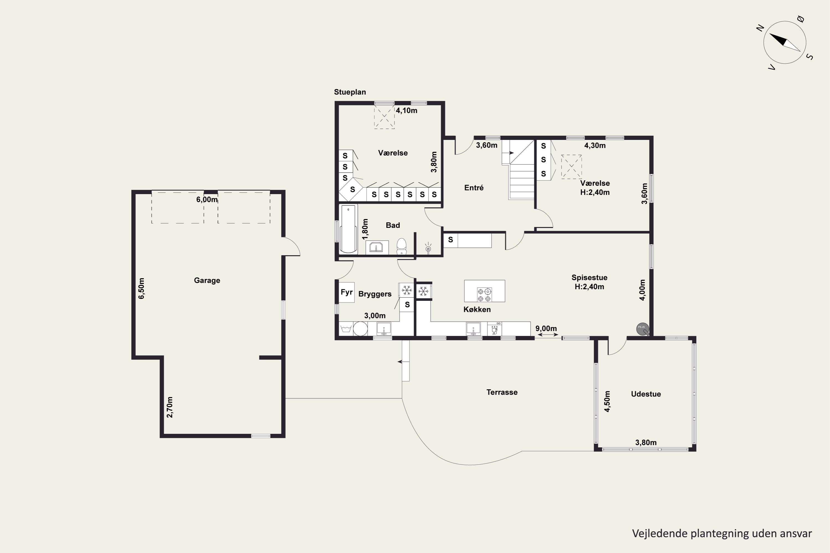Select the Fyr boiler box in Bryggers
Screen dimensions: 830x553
[347, 292]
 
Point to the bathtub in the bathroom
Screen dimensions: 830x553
[349, 229]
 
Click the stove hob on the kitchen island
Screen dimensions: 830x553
[484, 295]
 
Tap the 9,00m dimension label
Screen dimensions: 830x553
[546, 329]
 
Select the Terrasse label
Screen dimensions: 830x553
[502, 392]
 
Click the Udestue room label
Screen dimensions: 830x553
[646, 394]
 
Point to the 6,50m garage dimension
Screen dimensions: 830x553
[141, 288]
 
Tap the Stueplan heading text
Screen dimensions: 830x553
[350, 92]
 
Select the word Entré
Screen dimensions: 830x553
[474, 188]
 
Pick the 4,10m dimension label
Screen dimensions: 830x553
[406, 110]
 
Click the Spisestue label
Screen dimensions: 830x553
[589, 278]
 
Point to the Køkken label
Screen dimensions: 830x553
[477, 309]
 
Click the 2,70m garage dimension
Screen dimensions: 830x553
[170, 407]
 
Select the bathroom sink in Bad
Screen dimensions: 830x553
[377, 247]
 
